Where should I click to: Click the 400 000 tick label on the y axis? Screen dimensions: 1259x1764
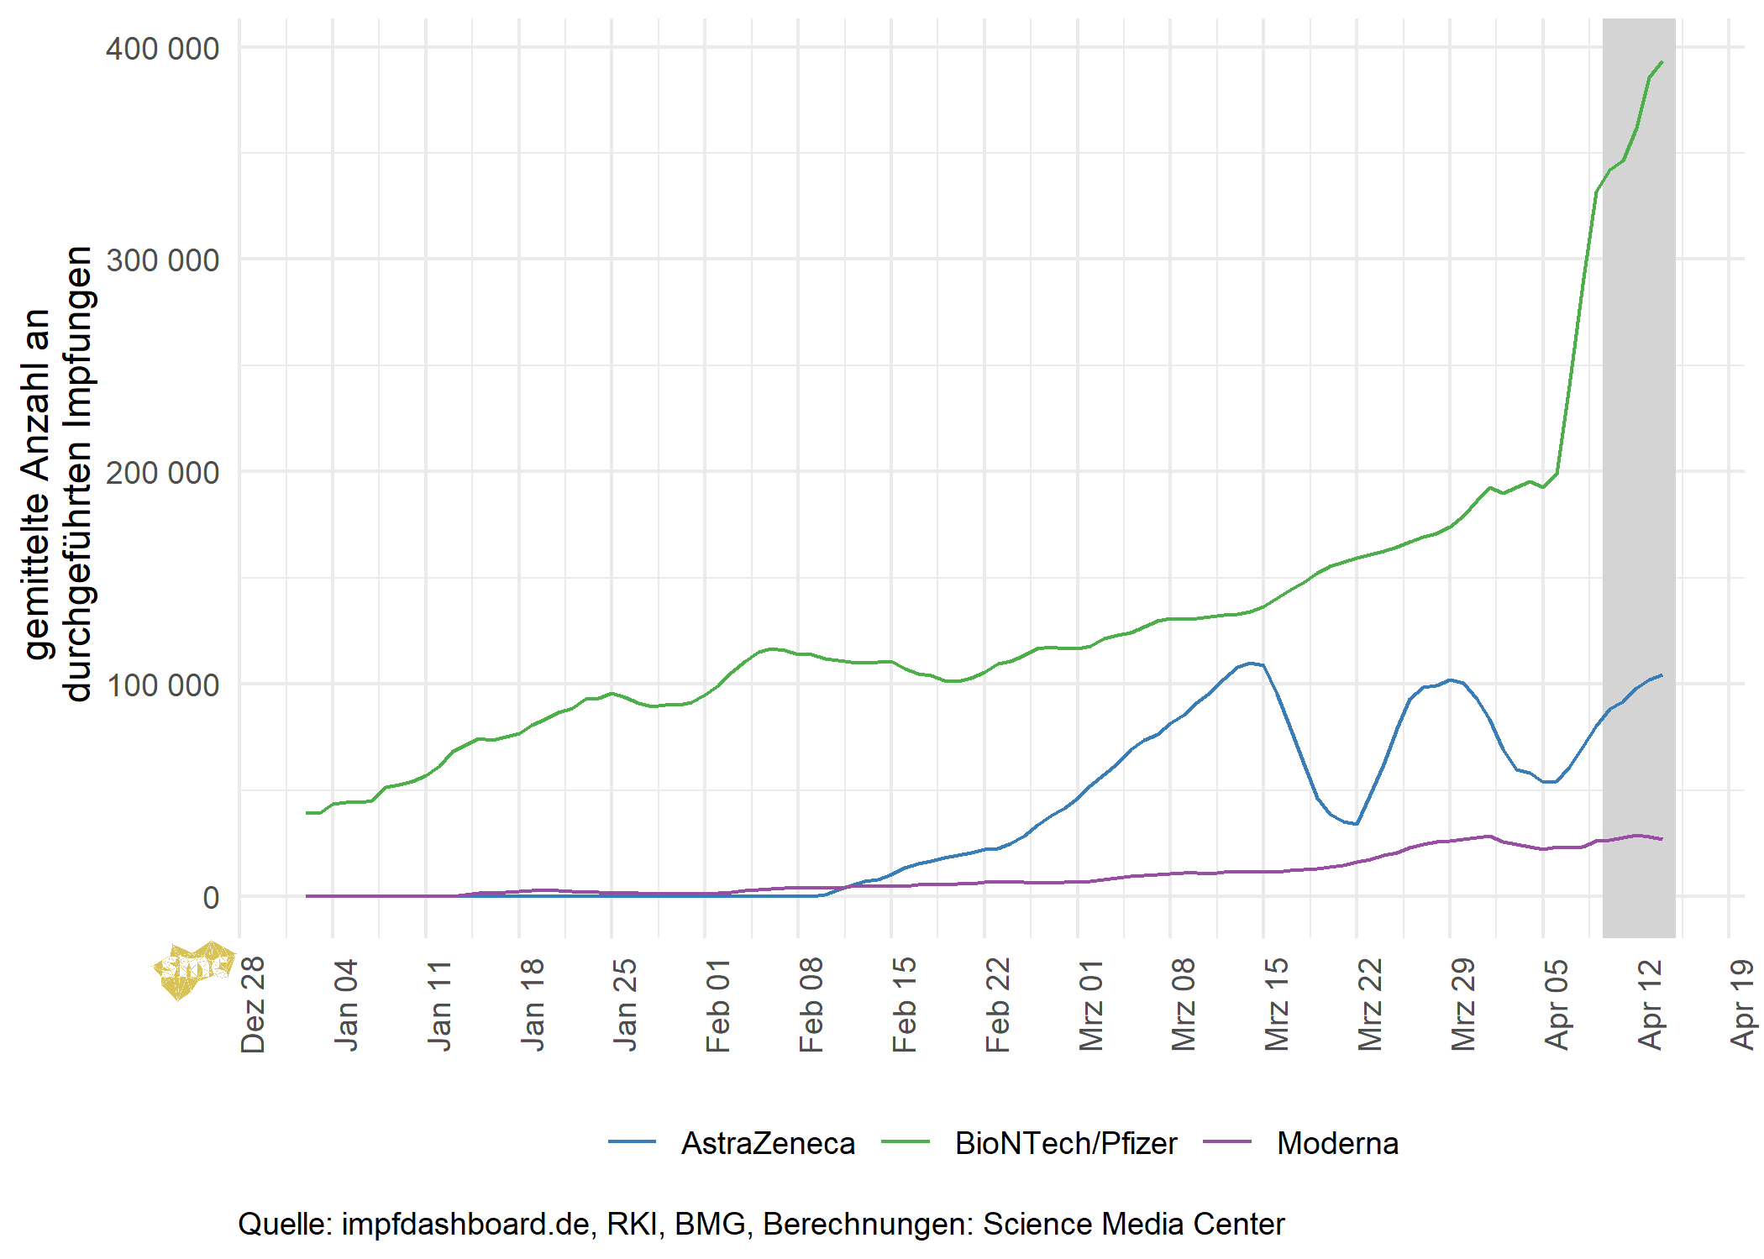coord(162,49)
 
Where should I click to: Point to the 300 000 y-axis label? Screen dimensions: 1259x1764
coord(162,260)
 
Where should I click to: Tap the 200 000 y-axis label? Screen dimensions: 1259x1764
coord(162,473)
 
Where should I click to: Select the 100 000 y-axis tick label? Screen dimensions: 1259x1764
coord(162,685)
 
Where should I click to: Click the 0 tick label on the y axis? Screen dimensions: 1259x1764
coord(211,898)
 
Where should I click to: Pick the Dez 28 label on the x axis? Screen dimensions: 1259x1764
coord(253,1004)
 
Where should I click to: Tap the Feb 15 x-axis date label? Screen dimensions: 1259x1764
coord(905,1004)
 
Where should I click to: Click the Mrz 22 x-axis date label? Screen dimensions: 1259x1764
coord(1370,1004)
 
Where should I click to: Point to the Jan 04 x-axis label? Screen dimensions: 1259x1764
coord(346,1004)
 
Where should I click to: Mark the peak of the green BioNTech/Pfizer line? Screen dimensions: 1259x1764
coord(1662,62)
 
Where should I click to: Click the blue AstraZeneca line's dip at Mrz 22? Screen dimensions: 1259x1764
coord(1356,823)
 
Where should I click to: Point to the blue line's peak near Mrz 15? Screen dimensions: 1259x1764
coord(1252,664)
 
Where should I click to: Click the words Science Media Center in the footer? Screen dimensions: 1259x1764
coord(1133,1224)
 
